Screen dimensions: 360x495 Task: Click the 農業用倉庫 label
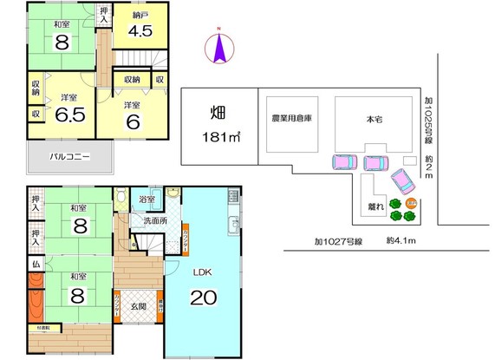pyautogui.click(x=291, y=118)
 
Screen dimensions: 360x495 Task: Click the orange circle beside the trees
pyautogui.click(x=412, y=205)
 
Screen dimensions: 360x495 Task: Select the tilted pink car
pyautogui.click(x=403, y=182)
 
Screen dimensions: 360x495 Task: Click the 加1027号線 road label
pyautogui.click(x=333, y=243)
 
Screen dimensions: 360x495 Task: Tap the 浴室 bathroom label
pyautogui.click(x=147, y=200)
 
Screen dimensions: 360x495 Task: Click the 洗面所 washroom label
pyautogui.click(x=155, y=221)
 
